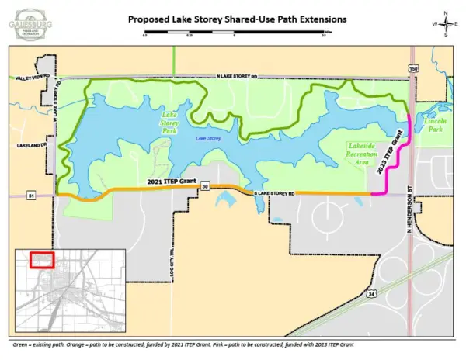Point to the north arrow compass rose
click(445, 23)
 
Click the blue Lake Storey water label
click(207, 138)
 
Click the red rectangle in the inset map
click(40, 261)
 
